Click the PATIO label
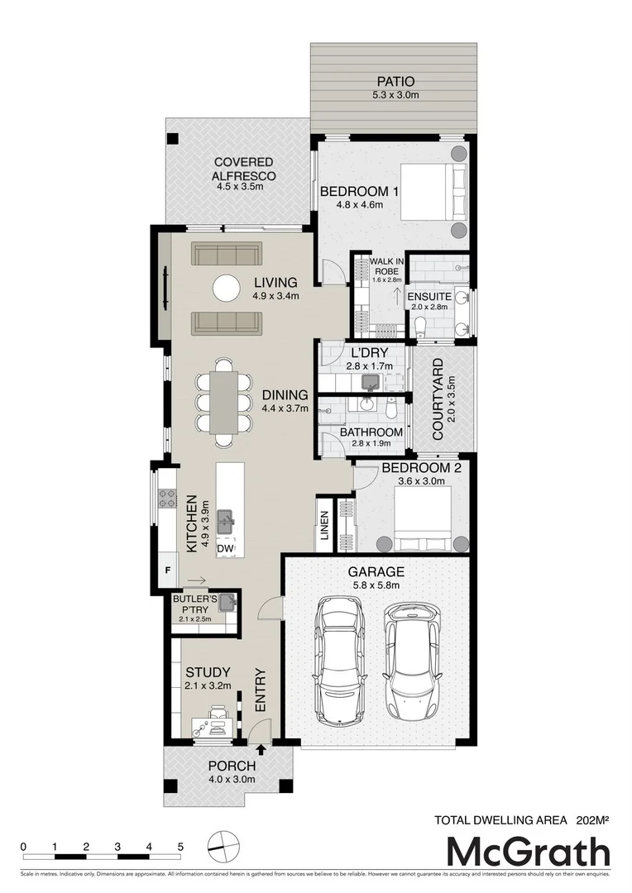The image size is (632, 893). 395,82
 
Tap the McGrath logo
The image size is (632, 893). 529,852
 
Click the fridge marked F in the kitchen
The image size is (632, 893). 167,571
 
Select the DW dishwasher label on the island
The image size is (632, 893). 225,548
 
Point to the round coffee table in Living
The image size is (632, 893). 227,288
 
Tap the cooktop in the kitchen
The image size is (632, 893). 167,498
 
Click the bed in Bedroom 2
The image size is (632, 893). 422,518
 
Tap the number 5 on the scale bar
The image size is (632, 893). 180,847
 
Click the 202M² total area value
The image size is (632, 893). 592,820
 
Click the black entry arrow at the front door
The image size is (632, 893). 262,750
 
